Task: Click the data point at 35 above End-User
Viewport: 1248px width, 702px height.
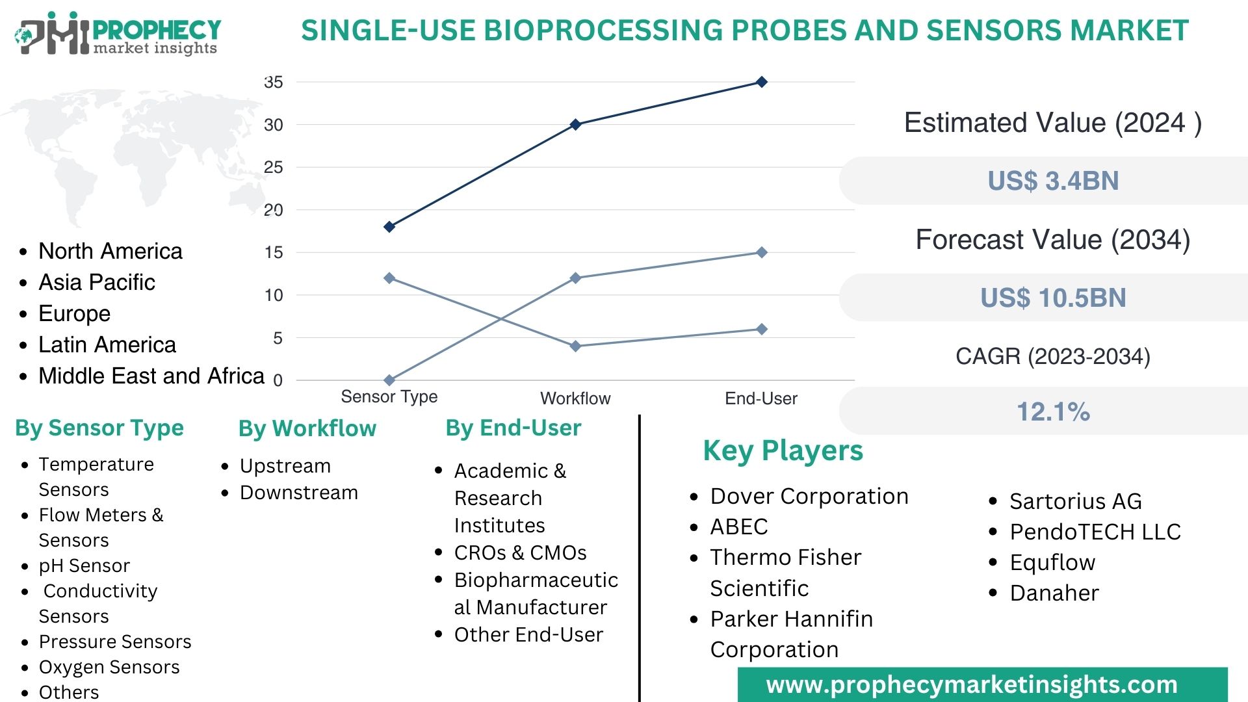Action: pos(762,82)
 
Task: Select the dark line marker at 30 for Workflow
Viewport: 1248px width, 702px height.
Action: pos(575,124)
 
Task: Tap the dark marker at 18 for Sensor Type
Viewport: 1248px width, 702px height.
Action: pos(389,227)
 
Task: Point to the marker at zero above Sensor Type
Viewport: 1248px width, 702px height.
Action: pos(389,380)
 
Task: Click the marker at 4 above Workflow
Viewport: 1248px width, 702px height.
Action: pos(575,346)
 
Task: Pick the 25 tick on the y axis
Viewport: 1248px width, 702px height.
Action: pos(274,168)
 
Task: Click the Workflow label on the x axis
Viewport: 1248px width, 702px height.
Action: pos(575,398)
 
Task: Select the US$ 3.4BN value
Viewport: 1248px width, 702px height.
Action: pos(1053,181)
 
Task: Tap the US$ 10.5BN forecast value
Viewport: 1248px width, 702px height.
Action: pos(1053,298)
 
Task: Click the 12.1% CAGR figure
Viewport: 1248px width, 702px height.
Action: pos(1053,411)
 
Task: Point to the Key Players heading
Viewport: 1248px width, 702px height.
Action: pos(783,450)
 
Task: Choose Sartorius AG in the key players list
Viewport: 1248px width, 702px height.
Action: pos(1075,501)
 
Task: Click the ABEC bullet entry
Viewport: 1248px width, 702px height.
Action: pos(739,526)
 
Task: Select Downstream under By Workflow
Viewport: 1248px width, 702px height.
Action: pos(298,493)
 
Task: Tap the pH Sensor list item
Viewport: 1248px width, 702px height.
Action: pos(84,565)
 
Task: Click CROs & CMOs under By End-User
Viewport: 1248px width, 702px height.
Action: pos(520,552)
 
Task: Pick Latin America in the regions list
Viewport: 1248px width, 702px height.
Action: pos(107,344)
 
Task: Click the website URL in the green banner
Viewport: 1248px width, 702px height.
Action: pos(972,684)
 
